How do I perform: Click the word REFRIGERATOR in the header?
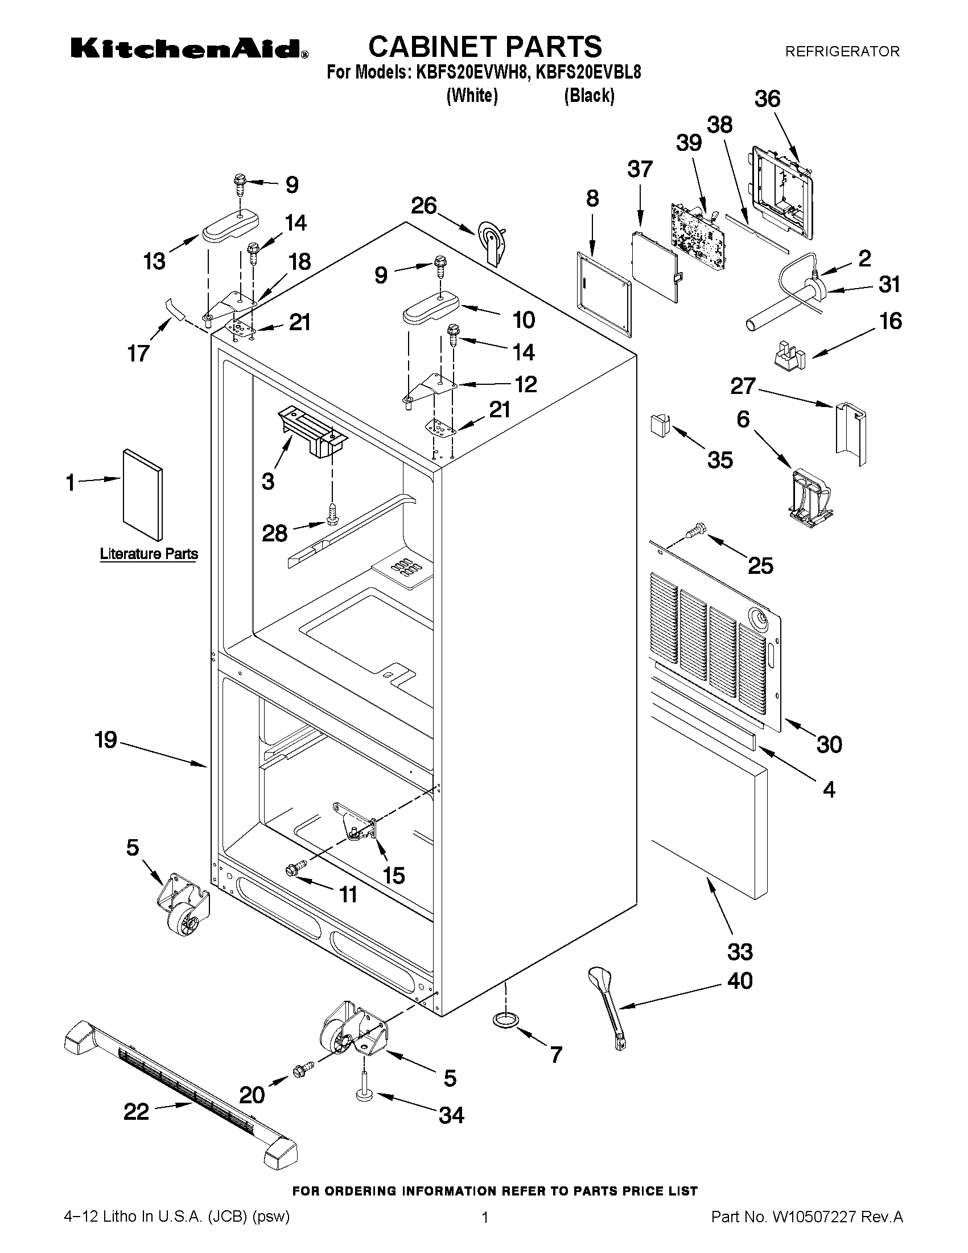point(842,52)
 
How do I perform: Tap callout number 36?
point(767,99)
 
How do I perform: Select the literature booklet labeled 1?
point(142,494)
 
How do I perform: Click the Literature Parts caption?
point(149,554)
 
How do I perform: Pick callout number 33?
point(740,952)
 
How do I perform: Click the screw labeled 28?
point(332,512)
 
